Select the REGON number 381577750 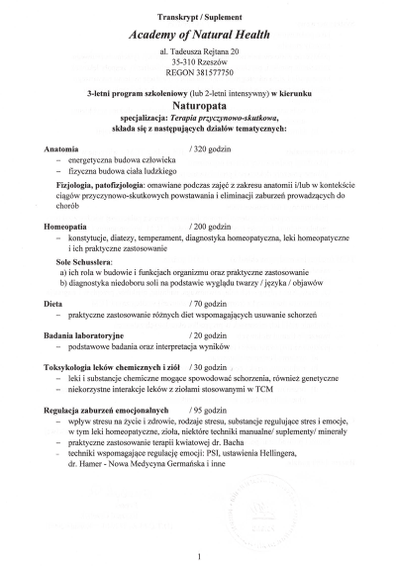[199, 73]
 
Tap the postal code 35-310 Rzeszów [199, 61]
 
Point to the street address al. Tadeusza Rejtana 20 [199, 50]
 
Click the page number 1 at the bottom [199, 555]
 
